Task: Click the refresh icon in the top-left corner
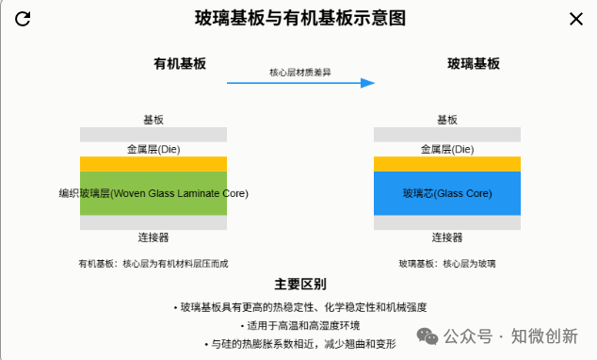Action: pos(24,19)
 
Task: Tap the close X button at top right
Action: pos(575,19)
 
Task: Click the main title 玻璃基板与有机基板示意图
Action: pos(300,19)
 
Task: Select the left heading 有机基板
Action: pos(180,64)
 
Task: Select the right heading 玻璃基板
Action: pos(473,64)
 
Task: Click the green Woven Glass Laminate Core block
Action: pos(153,193)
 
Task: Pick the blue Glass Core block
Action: pos(447,193)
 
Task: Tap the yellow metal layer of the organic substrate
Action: pos(153,164)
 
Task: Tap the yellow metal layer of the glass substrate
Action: pos(447,164)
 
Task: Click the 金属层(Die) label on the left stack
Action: pos(153,149)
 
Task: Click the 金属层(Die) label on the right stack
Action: pos(447,149)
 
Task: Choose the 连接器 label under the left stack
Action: pos(153,237)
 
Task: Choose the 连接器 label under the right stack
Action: pos(447,237)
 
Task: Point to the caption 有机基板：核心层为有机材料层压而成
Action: pos(153,264)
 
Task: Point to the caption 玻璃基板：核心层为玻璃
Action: pos(447,264)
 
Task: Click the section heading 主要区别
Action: pos(300,284)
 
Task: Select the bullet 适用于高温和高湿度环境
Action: pos(300,325)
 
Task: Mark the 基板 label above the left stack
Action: pos(153,120)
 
